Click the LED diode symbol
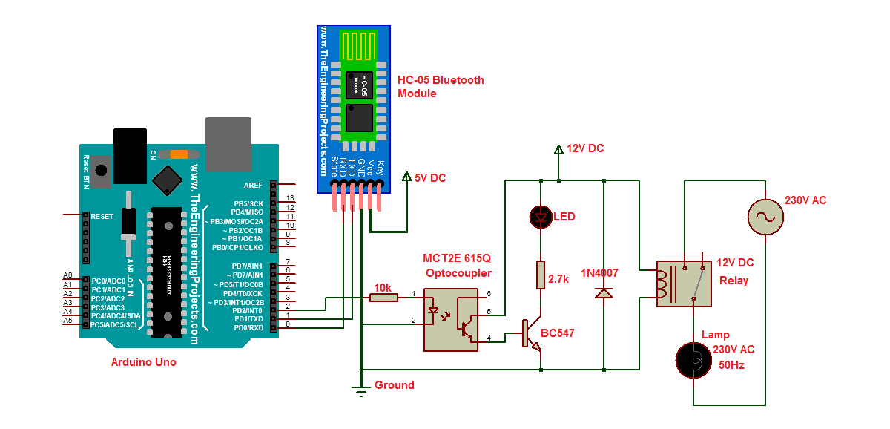(x=541, y=217)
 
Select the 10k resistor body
(x=383, y=297)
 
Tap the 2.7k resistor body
(x=541, y=275)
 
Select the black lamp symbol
(x=694, y=361)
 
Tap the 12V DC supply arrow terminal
(x=558, y=151)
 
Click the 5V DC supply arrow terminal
(x=406, y=177)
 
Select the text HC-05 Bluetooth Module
(x=441, y=87)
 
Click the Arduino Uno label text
(x=143, y=362)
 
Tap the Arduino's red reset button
(x=101, y=170)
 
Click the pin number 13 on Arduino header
(x=291, y=198)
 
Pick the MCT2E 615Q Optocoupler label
(x=457, y=266)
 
